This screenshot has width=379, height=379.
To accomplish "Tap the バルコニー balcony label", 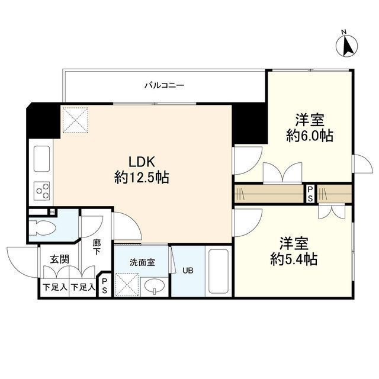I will pos(165,85).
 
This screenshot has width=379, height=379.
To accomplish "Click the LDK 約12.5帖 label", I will pos(142,169).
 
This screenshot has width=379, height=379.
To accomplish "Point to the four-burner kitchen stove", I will pos(43,190).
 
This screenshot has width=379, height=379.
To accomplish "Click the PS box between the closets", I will pos(309,194).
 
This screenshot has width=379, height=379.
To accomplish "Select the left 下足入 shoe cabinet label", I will pos(54,288).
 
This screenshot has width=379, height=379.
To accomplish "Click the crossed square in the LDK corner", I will pos(75,120).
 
